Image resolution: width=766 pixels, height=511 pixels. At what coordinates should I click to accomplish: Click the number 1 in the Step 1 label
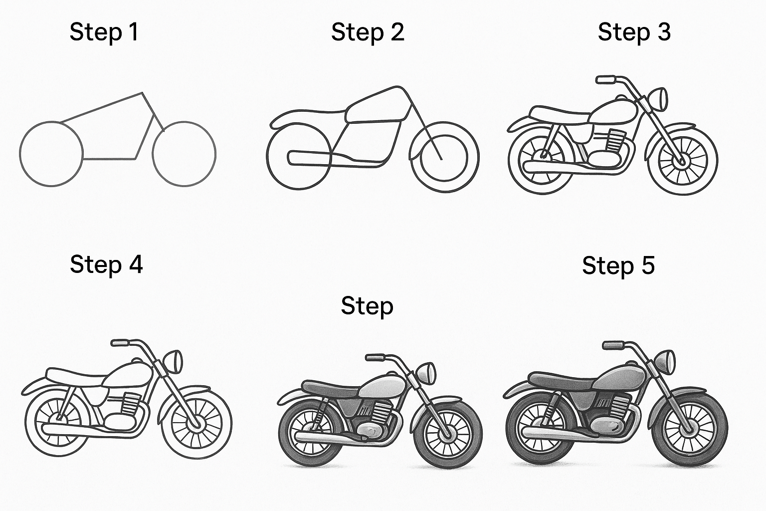pyautogui.click(x=133, y=32)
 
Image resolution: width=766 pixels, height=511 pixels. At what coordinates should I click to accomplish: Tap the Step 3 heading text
pyautogui.click(x=634, y=32)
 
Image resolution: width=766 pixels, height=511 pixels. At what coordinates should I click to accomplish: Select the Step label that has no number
pyautogui.click(x=367, y=305)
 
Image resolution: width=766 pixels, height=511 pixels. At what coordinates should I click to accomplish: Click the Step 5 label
pyautogui.click(x=618, y=265)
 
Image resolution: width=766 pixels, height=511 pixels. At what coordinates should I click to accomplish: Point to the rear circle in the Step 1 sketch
pyautogui.click(x=51, y=154)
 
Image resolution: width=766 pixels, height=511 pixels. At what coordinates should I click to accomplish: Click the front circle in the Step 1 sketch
pyautogui.click(x=184, y=154)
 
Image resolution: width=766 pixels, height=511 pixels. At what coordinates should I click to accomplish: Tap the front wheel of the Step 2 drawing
pyautogui.click(x=444, y=157)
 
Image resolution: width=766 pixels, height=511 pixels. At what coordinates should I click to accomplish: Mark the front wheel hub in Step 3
pyautogui.click(x=681, y=161)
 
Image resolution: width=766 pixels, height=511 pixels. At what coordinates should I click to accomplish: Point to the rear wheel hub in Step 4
pyautogui.click(x=59, y=415)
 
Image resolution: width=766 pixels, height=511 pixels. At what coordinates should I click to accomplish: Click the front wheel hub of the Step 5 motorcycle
pyautogui.click(x=690, y=427)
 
